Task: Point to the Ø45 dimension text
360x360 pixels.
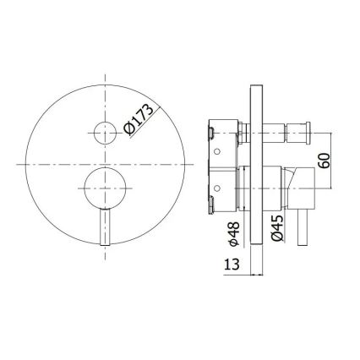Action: [276, 228]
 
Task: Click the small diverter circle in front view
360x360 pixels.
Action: [106, 133]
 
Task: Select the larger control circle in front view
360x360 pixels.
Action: [106, 183]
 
